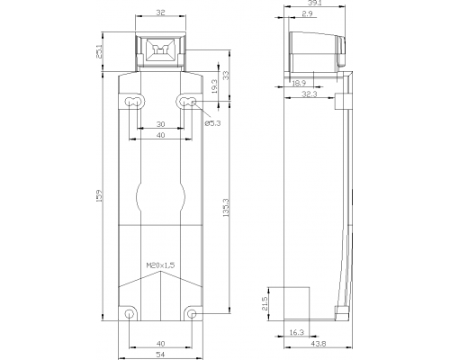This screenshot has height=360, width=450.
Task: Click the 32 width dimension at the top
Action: [x=160, y=13]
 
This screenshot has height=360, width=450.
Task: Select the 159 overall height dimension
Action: [x=100, y=195]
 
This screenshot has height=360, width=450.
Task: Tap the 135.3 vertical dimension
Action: [x=226, y=208]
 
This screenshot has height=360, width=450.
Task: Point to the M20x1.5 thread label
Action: [x=160, y=265]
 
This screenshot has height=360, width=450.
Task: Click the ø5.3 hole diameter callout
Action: [x=212, y=123]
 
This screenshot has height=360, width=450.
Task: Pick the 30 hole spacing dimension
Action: [x=160, y=124]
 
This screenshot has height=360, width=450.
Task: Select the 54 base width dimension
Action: [x=160, y=355]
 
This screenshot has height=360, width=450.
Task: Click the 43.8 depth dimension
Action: [x=319, y=344]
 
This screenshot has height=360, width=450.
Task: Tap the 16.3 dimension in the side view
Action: [x=297, y=332]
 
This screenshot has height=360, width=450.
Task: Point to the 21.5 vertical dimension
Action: [x=265, y=304]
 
